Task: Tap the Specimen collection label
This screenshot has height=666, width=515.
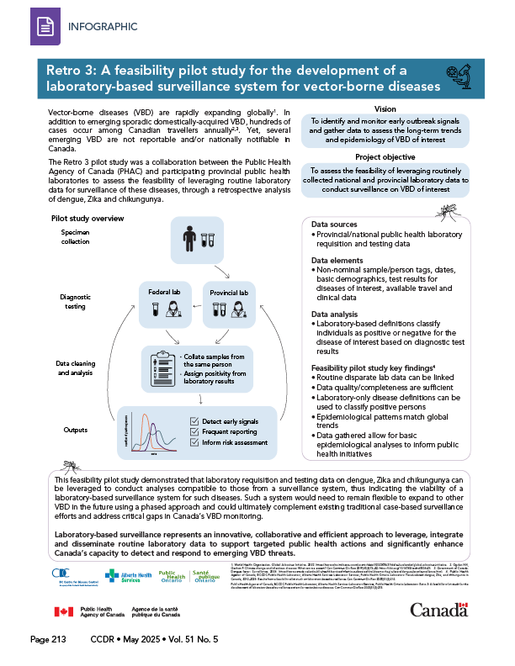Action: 74,236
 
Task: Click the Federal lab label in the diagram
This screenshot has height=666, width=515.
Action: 165,293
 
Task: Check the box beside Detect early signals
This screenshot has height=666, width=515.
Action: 195,420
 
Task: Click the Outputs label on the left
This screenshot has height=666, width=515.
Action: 74,430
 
